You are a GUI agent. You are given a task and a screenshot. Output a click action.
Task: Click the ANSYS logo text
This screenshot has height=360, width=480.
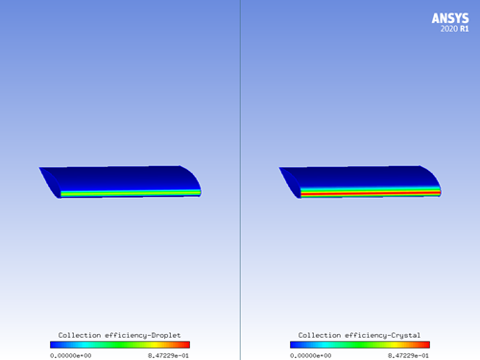(449, 17)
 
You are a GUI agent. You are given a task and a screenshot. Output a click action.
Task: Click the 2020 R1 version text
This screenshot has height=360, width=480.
(456, 29)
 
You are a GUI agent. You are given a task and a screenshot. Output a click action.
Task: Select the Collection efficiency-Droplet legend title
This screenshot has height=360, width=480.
(119, 335)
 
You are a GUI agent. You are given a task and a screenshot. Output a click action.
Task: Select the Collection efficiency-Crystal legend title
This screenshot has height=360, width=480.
(359, 335)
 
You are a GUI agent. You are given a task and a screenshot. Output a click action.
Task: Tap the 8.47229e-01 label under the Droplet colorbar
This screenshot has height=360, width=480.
(170, 354)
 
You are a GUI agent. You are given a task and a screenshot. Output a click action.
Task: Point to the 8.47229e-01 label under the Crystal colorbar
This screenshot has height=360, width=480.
(410, 354)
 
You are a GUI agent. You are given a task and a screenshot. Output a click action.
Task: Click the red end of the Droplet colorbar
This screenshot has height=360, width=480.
(186, 345)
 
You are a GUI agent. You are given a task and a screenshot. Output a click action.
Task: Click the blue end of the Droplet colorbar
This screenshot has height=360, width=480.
(54, 345)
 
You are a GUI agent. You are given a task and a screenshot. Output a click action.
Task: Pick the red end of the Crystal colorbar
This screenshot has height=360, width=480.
(426, 345)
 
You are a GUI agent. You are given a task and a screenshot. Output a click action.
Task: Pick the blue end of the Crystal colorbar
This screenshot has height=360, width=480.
(294, 345)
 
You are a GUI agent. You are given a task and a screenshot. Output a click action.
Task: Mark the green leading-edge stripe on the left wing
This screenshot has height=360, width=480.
(130, 193)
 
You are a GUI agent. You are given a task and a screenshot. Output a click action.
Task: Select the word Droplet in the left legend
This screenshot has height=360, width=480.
(159, 335)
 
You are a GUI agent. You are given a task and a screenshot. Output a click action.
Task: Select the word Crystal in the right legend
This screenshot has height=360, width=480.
(399, 335)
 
